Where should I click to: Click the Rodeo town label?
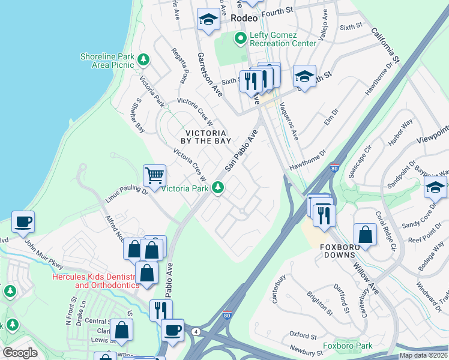(x=244, y=19)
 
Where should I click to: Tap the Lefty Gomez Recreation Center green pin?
(x=241, y=40)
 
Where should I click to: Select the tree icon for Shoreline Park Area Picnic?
(x=143, y=59)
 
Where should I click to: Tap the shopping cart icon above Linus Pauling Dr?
(x=154, y=175)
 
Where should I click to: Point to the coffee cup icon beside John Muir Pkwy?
(x=23, y=221)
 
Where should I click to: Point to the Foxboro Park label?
(x=347, y=346)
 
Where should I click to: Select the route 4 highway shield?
(x=196, y=331)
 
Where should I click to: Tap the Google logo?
(x=20, y=353)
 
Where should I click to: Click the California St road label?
(x=385, y=45)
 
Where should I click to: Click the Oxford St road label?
(x=302, y=335)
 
